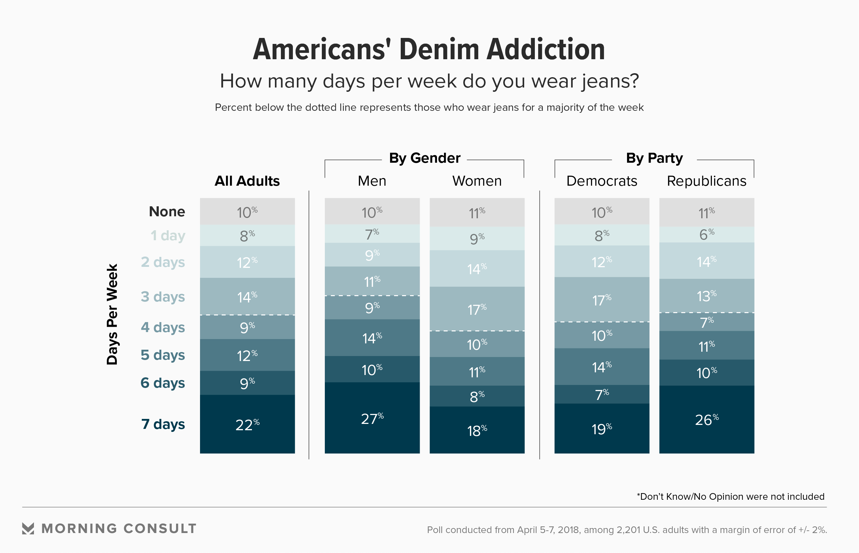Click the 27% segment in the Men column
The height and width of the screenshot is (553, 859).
coord(372,418)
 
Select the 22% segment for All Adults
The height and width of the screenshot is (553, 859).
coord(247,425)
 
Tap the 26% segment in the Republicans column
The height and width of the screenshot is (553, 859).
coord(706,420)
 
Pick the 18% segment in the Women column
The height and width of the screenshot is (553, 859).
coord(477,430)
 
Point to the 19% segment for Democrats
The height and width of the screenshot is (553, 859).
coord(601,429)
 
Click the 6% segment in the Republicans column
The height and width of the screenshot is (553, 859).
coord(706,235)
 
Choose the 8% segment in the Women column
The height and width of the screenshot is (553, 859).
coord(477,396)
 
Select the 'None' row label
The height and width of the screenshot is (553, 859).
coord(167,212)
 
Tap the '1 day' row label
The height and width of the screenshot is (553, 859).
coord(168,236)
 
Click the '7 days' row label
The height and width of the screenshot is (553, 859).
coord(163,424)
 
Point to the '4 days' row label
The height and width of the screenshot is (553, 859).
coord(163,327)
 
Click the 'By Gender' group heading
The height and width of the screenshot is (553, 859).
coord(424,158)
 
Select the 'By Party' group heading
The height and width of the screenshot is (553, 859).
coord(654,158)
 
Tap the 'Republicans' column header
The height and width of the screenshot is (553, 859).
coord(706,181)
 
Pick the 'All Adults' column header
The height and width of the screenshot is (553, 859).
coord(247,181)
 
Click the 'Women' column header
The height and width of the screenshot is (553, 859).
coord(477,181)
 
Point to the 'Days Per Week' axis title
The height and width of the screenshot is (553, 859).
coord(112,314)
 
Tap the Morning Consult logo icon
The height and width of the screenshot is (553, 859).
coord(28,528)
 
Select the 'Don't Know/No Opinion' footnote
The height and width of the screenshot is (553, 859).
coord(731,497)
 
